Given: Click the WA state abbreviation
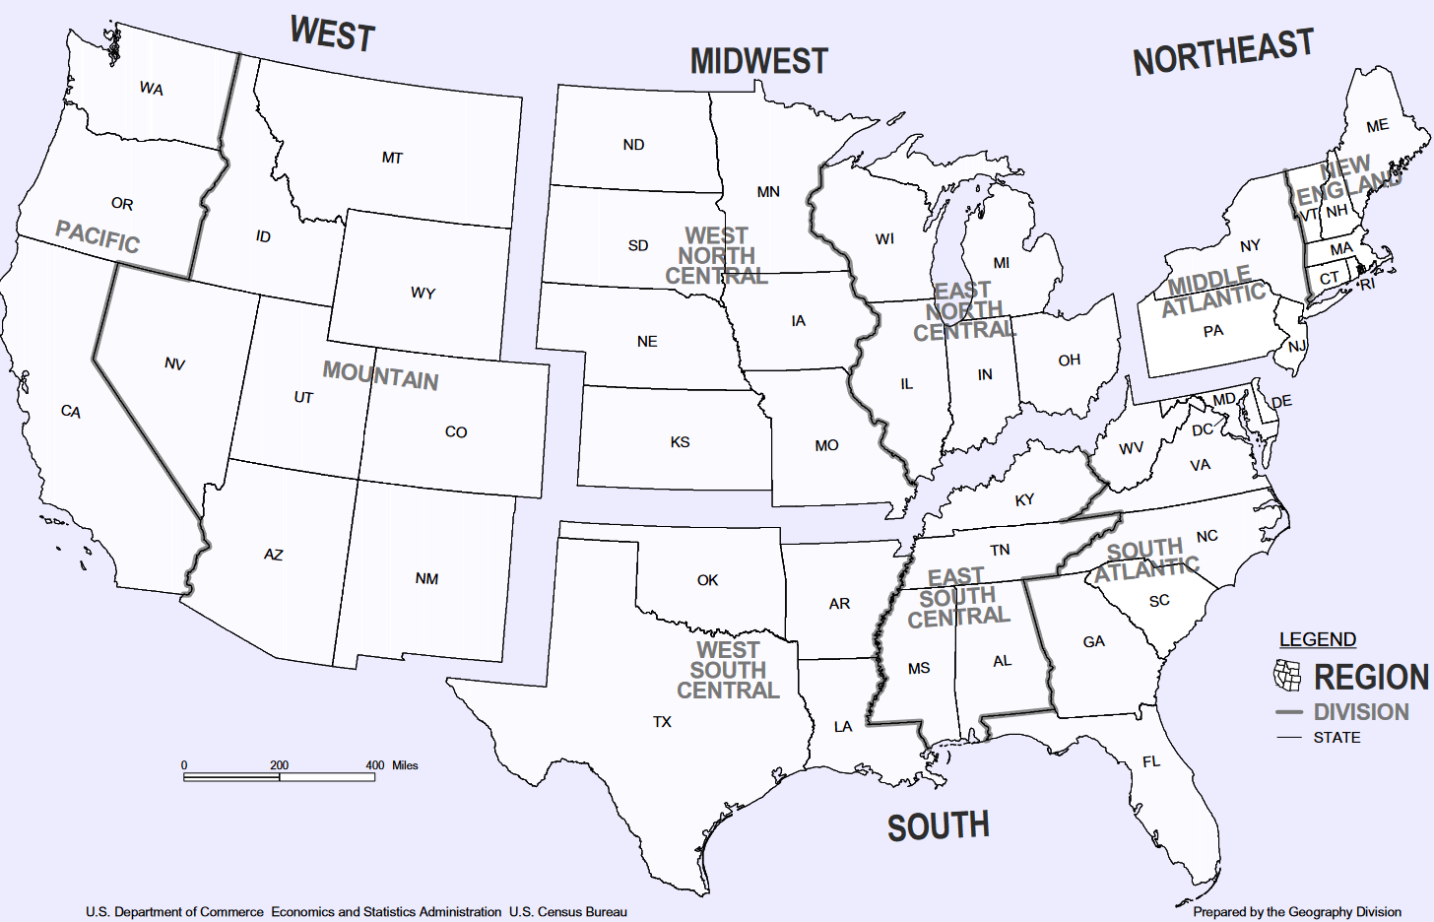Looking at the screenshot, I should tap(151, 89).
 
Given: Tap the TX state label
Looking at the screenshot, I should tap(662, 722).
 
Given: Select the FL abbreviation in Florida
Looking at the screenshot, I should tap(1151, 761).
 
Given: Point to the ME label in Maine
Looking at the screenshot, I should tap(1377, 126).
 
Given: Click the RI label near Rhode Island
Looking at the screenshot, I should tap(1367, 285).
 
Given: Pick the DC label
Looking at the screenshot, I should tap(1203, 429).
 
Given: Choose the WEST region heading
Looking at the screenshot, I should tap(333, 34).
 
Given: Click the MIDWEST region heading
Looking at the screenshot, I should tap(758, 61).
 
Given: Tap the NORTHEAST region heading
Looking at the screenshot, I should tap(1223, 52).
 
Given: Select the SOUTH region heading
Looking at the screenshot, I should tap(938, 826).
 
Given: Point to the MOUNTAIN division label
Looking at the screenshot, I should tap(380, 375).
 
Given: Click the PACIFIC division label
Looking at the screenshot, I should tap(98, 236).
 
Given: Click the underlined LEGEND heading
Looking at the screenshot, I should tap(1317, 639).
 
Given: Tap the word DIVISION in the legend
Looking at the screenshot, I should tap(1361, 712).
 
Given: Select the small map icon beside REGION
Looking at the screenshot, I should tap(1287, 675).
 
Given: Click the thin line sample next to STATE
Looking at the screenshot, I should tap(1289, 738).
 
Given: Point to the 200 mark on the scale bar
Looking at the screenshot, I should tap(280, 765).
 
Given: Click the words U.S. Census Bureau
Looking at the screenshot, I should tap(567, 912).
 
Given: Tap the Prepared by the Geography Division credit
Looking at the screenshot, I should tap(1296, 912).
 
